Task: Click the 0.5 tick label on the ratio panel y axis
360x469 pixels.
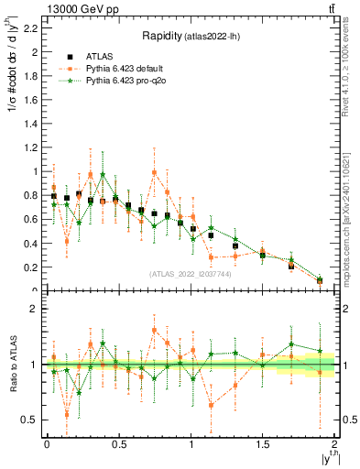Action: (30, 420)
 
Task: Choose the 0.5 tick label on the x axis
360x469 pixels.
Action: (118, 444)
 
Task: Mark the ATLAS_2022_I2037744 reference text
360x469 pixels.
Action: (191, 272)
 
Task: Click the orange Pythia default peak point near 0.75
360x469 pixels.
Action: (155, 172)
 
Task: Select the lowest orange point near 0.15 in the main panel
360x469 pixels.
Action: (67, 241)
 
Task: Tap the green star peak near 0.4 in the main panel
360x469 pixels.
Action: (103, 174)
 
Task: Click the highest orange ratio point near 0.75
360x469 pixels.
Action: (155, 330)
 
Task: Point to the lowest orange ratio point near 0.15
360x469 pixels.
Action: (67, 414)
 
